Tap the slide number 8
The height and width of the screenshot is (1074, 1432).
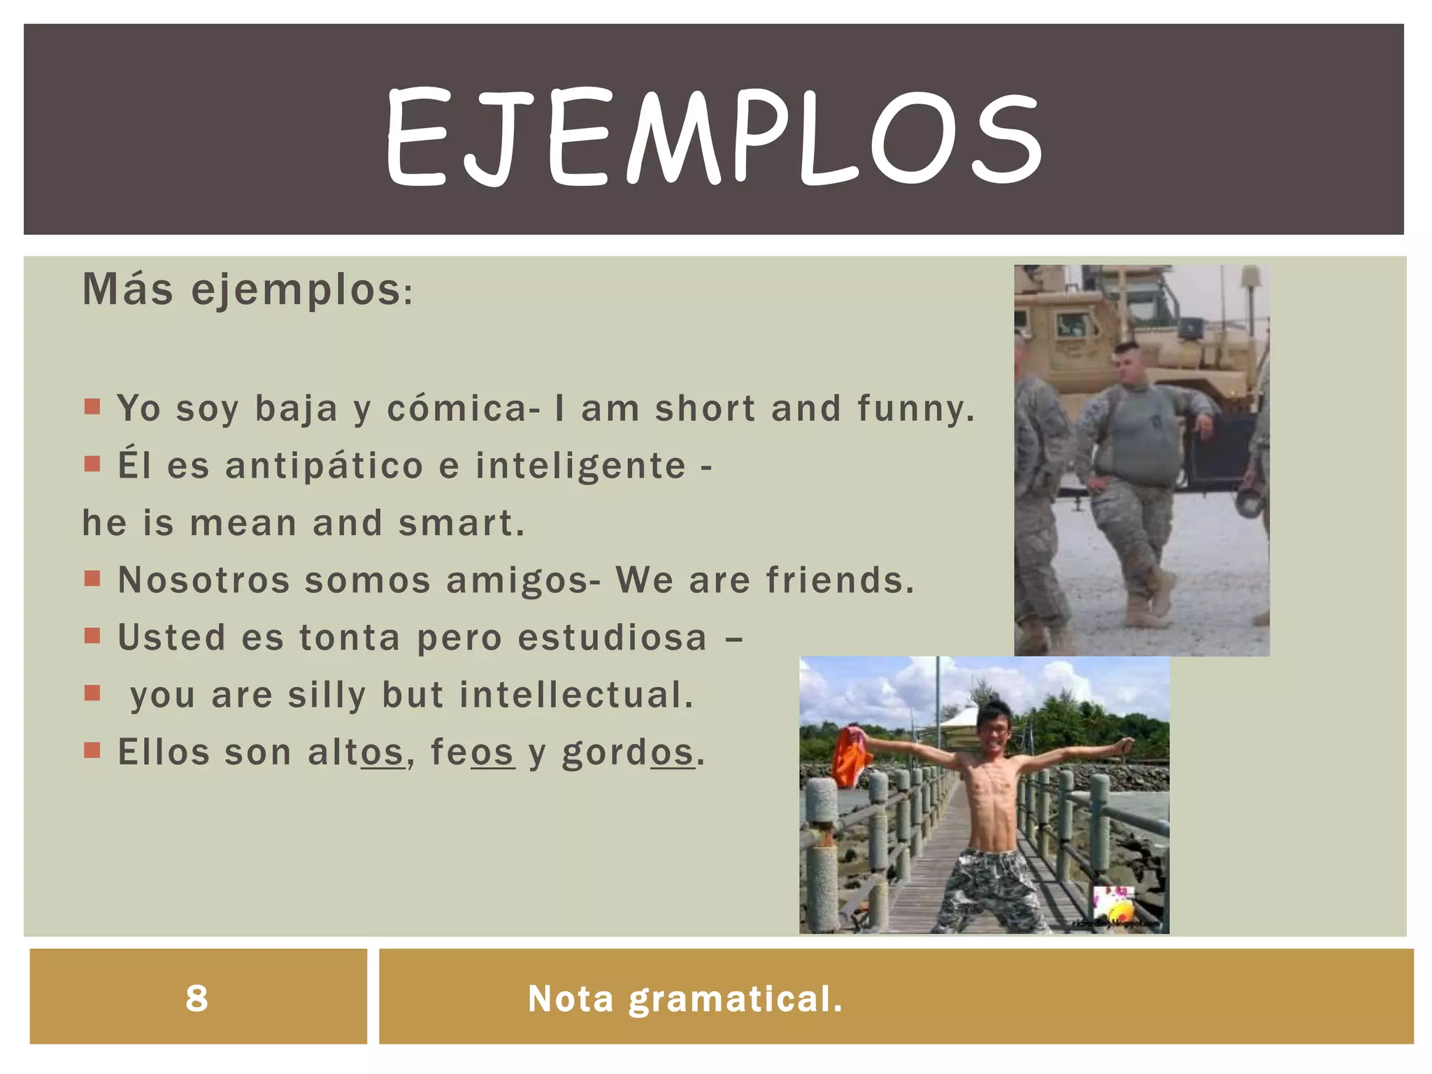coord(196,998)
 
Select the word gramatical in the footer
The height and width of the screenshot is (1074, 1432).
coord(736,998)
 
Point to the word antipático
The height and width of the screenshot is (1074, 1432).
coord(324,466)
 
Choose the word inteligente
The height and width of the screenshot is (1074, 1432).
coord(580,466)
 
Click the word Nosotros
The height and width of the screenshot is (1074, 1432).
coord(203,580)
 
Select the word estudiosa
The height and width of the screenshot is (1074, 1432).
coord(612,638)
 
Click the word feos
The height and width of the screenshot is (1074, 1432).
coord(472,752)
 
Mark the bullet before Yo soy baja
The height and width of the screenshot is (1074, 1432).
coord(92,407)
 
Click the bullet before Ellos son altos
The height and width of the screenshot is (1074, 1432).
coord(92,751)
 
